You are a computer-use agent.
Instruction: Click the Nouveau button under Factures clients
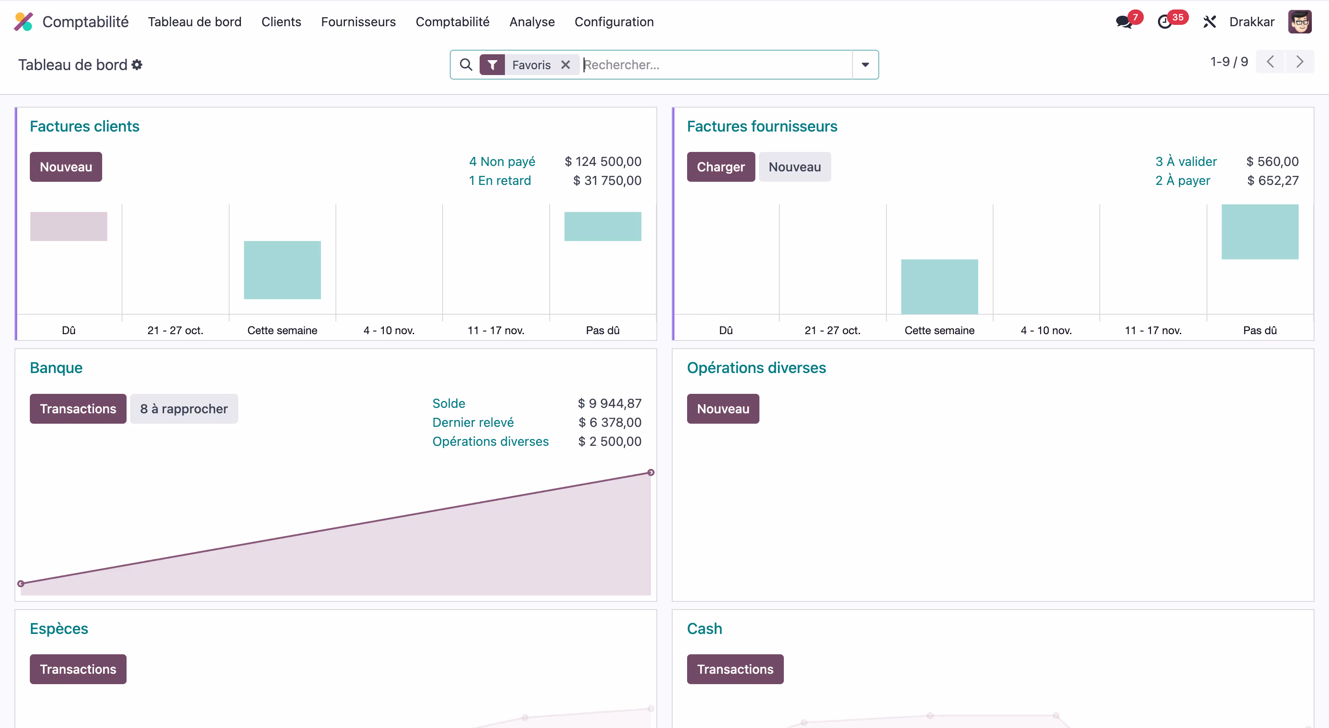coord(66,167)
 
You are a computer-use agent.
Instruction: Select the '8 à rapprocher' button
coord(184,409)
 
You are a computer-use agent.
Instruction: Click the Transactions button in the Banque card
coord(78,409)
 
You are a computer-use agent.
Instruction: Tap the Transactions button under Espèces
coord(78,669)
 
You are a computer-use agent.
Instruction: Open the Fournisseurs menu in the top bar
coord(358,22)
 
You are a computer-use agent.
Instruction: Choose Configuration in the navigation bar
coord(614,22)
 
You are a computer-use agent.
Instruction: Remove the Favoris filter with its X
coord(566,65)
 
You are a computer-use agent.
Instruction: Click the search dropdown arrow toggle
coord(865,65)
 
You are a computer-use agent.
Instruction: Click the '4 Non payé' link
coord(502,161)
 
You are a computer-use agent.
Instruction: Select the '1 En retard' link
coord(500,180)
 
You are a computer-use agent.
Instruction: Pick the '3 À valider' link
coord(1186,161)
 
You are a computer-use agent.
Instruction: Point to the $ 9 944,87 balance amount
coord(609,403)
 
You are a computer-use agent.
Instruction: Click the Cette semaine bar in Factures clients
coord(282,270)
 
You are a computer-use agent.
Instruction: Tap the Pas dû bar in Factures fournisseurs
coord(1259,232)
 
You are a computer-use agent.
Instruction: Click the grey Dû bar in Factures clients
coord(69,227)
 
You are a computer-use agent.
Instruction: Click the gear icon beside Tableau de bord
coord(137,65)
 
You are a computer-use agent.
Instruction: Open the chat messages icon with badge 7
coord(1124,22)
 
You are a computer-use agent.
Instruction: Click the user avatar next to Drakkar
coord(1299,22)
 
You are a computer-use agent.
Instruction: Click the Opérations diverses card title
coord(756,368)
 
